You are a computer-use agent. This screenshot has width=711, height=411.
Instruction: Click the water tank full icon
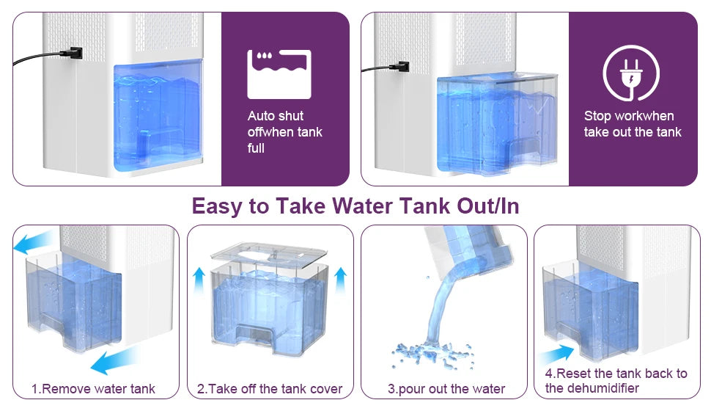(279, 74)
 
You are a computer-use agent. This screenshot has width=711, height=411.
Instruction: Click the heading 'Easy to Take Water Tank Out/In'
(355, 206)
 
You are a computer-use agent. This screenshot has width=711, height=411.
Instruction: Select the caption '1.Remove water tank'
(93, 388)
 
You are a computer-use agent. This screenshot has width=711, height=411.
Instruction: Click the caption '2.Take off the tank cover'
(270, 388)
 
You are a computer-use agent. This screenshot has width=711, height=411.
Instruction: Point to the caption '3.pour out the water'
(446, 388)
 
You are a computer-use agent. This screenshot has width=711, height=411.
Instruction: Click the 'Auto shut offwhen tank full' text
(284, 132)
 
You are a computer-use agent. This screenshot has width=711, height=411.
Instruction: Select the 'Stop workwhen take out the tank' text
(632, 124)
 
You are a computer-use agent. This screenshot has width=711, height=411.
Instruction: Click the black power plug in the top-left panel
(73, 54)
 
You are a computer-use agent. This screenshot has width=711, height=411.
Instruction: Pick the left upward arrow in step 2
(199, 280)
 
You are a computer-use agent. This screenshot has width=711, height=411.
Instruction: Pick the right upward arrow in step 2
(339, 280)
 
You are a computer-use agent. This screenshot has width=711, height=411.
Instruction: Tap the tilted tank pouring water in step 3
(467, 250)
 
